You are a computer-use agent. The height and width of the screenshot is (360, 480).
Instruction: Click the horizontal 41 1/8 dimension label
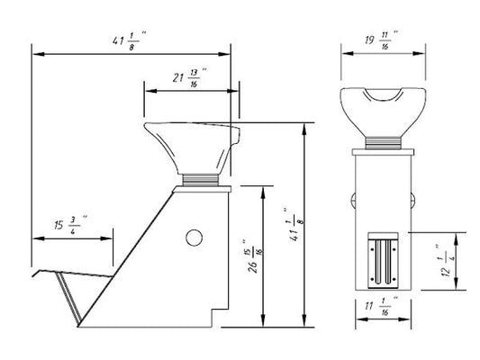(129, 40)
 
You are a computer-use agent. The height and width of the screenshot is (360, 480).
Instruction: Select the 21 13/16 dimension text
(189, 77)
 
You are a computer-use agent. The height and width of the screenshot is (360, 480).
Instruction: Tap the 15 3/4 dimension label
(71, 225)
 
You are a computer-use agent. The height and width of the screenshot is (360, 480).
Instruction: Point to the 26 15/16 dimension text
(254, 256)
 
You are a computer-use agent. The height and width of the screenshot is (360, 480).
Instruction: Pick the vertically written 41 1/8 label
(294, 224)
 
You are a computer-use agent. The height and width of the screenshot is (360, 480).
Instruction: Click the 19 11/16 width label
(382, 40)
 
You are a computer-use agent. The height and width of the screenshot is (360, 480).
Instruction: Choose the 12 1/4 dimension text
(446, 261)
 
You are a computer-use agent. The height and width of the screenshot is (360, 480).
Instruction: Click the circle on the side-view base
(195, 238)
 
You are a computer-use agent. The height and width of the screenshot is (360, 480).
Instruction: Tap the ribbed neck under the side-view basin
(201, 180)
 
